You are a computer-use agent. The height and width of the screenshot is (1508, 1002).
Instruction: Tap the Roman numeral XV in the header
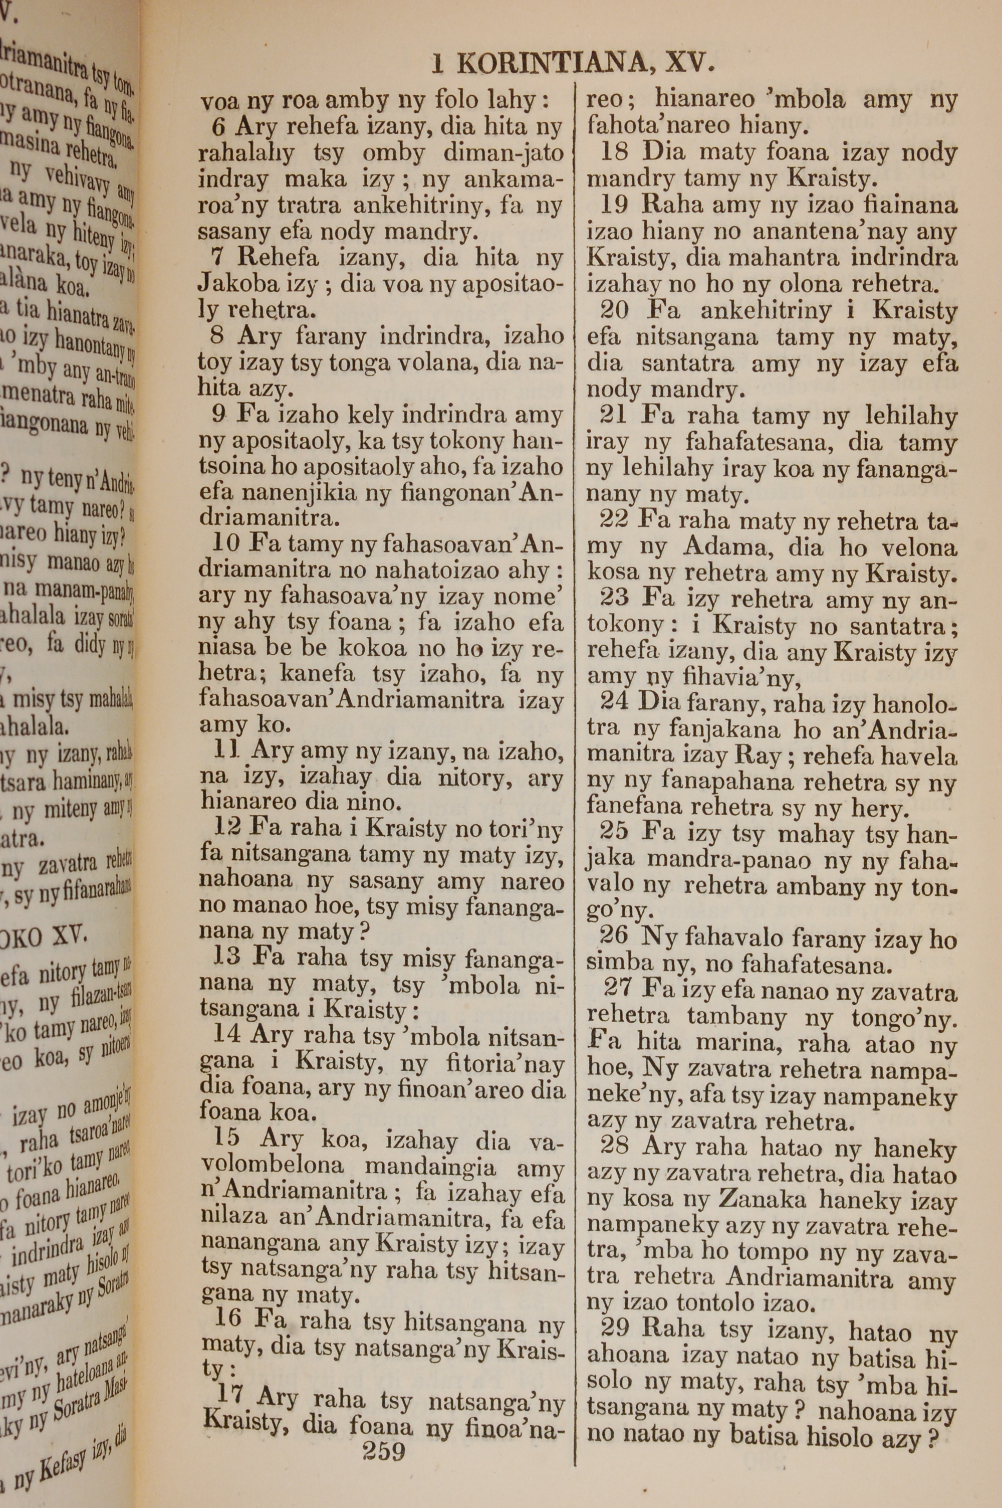(689, 64)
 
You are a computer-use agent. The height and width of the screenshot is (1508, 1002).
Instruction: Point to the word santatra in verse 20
(686, 364)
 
